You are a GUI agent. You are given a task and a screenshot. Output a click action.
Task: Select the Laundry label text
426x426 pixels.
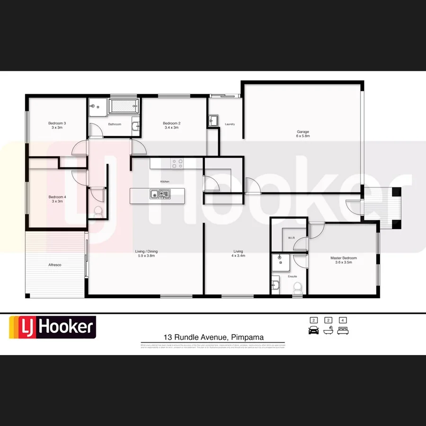[x=230, y=124]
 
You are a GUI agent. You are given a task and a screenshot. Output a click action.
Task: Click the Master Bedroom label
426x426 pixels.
[x=344, y=258]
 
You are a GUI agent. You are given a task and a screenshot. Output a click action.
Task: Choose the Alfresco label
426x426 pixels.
[x=54, y=265]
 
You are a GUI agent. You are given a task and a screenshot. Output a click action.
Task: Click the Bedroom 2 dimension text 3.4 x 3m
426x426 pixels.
[x=171, y=128]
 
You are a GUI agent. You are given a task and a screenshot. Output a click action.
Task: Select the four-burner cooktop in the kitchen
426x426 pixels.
[x=177, y=164]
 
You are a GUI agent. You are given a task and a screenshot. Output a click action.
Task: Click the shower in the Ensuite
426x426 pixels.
[x=280, y=260]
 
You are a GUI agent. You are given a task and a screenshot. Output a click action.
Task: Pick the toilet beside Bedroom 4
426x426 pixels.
[x=98, y=212]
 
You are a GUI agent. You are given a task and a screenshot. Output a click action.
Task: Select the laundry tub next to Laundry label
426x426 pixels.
[x=213, y=120]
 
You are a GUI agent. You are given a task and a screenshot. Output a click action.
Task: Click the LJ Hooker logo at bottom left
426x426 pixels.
[x=53, y=327]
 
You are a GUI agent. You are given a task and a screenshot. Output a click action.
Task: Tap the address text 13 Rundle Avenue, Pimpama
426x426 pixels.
[x=213, y=337]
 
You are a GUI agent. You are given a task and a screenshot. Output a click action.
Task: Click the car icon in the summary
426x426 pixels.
[x=313, y=330]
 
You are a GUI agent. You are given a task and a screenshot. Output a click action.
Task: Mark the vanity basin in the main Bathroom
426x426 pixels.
[x=136, y=125]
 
